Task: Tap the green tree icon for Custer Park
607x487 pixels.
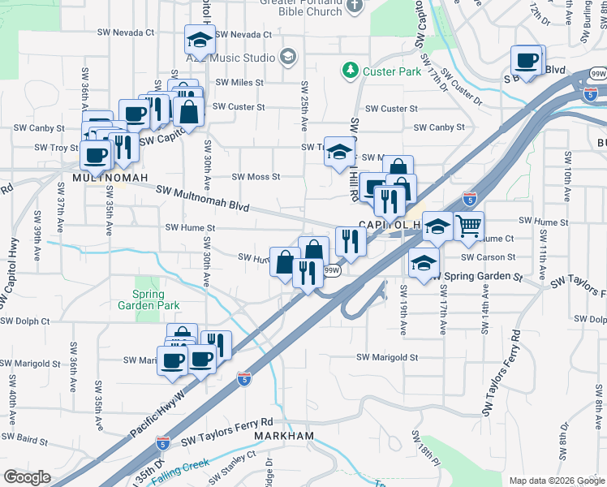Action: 351,71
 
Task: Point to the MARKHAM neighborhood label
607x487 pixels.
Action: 283,436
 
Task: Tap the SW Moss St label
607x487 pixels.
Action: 256,177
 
